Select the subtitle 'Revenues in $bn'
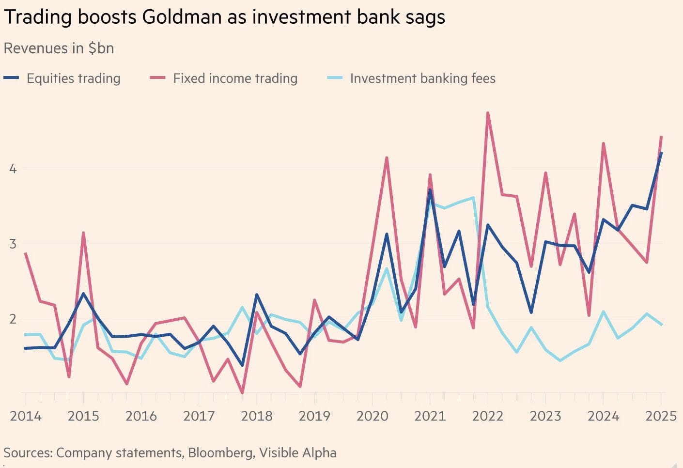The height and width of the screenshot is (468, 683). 59,48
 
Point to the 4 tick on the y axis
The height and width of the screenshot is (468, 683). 13,169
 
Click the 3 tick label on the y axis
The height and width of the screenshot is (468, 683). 13,244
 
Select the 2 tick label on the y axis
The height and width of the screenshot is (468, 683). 13,319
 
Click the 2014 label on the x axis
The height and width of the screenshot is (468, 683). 26,416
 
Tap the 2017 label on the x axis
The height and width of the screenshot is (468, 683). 199,416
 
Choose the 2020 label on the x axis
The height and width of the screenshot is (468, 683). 372,416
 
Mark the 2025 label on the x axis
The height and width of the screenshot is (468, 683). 661,416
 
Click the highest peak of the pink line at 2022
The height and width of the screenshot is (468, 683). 488,113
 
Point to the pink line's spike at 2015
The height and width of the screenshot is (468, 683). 83,233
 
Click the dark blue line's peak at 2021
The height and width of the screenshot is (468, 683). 430,190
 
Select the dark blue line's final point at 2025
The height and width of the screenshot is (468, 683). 661,153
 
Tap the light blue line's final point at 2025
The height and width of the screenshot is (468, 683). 661,325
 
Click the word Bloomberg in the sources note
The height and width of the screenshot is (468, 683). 220,453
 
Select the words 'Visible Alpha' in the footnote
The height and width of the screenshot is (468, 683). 297,453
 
